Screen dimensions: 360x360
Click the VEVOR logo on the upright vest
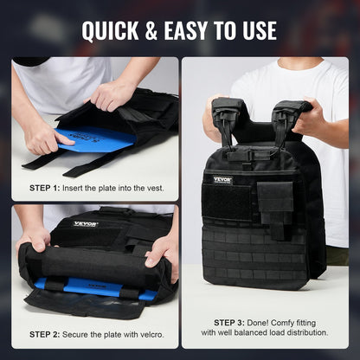(x=222, y=180)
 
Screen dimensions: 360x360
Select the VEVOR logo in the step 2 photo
(x=86, y=223)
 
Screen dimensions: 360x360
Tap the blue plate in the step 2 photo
(x=95, y=287)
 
